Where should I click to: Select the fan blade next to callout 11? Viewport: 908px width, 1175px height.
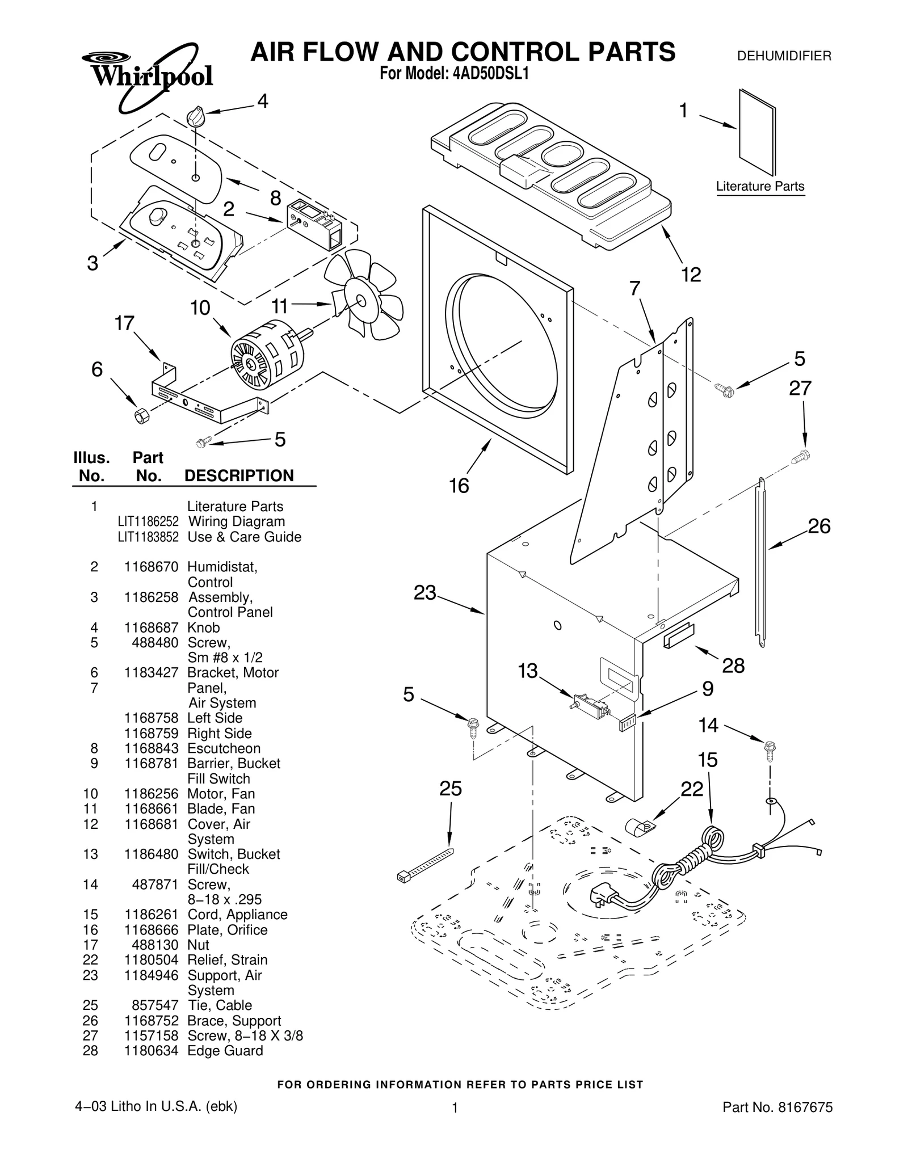[x=364, y=296]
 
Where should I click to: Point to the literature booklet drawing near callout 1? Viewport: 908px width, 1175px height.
[x=757, y=132]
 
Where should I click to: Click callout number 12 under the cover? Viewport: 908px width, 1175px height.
[x=691, y=275]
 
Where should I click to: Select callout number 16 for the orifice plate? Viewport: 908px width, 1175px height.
[x=459, y=486]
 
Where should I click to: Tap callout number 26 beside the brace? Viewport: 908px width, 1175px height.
[x=819, y=527]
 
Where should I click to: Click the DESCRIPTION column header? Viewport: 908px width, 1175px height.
[x=239, y=475]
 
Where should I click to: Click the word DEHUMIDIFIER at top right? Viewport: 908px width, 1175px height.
[x=784, y=56]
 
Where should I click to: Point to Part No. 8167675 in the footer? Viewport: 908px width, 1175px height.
[x=777, y=1123]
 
